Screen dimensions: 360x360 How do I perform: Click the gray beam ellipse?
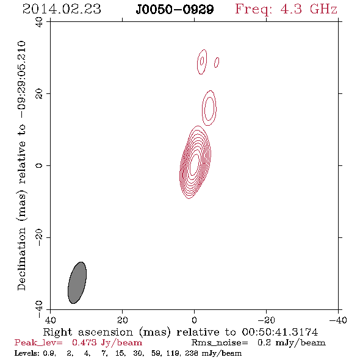(77, 283)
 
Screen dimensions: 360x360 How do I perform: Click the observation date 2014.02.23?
(62, 9)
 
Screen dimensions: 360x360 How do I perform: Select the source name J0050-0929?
(175, 10)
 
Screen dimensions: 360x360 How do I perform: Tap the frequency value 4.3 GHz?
(309, 9)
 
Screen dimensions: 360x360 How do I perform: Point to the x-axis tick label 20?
(122, 320)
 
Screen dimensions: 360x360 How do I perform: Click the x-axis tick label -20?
(266, 320)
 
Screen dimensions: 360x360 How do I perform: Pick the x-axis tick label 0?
(194, 320)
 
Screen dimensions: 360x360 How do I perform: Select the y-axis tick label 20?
(39, 94)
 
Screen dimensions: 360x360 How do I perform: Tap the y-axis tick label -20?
(39, 237)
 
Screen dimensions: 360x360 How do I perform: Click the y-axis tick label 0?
(39, 165)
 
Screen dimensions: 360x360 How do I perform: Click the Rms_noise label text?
(220, 343)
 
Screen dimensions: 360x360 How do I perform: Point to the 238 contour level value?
(192, 353)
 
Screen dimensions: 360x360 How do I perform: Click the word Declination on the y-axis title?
(21, 259)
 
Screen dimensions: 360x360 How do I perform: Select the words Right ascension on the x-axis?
(88, 332)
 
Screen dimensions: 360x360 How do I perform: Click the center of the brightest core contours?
(194, 165)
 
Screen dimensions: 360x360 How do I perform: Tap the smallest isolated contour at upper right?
(217, 62)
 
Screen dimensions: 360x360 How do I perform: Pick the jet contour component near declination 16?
(209, 108)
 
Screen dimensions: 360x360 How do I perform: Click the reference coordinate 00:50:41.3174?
(280, 332)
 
